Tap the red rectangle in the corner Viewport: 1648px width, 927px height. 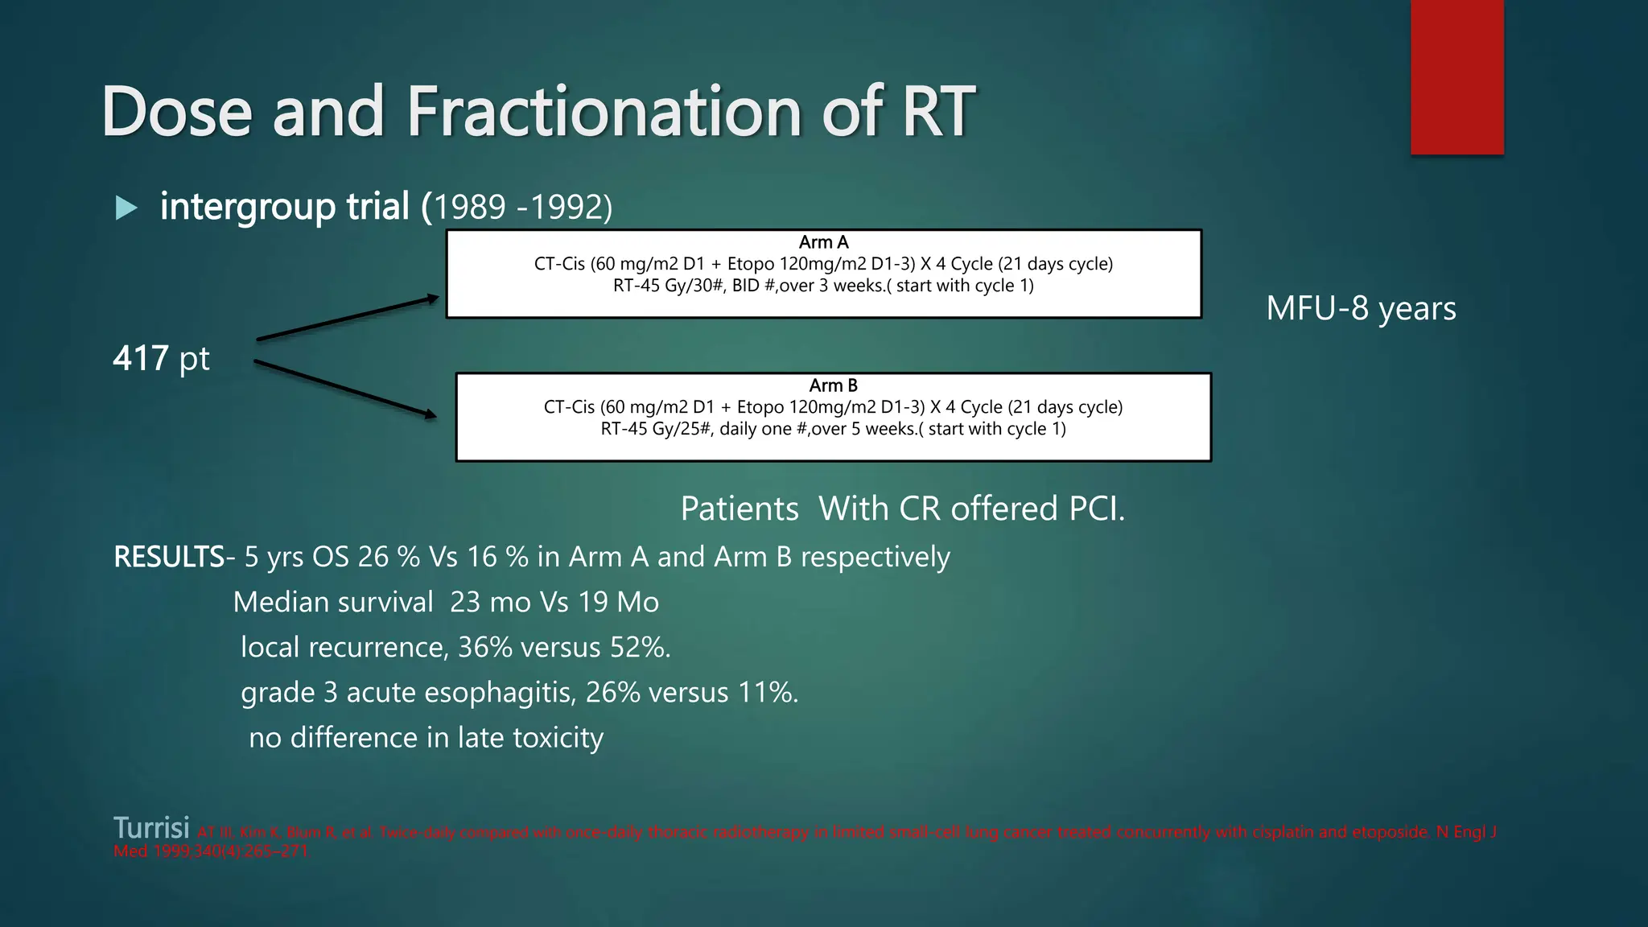point(1456,77)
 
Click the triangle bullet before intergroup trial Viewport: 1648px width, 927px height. point(126,208)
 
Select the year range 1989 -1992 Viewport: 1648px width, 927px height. point(519,208)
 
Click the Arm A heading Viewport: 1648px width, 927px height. point(823,242)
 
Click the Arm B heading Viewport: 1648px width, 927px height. point(833,385)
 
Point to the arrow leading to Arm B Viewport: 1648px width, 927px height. point(346,389)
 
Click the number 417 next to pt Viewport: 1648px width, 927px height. point(141,359)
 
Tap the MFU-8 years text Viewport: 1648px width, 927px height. point(1361,309)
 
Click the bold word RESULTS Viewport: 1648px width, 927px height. point(169,557)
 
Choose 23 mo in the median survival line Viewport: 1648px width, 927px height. point(490,603)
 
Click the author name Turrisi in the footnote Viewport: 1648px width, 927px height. point(151,828)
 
